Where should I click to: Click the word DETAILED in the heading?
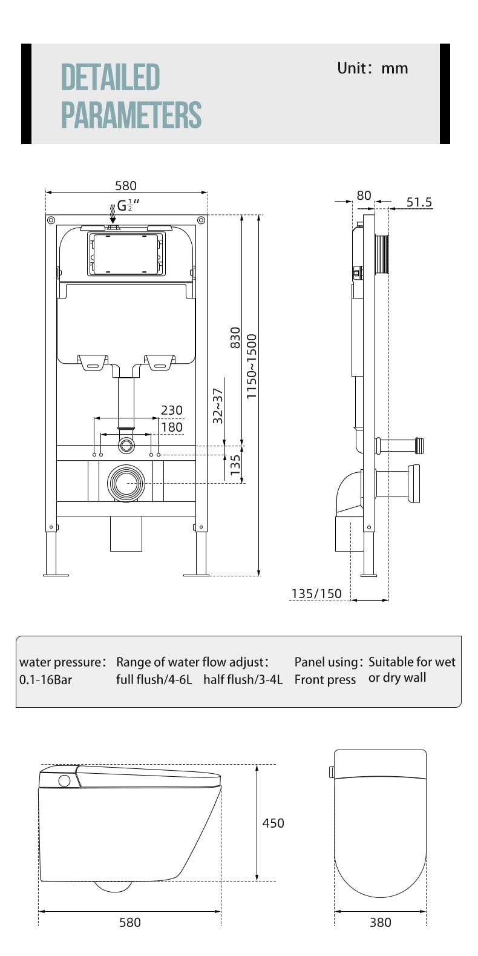click(111, 77)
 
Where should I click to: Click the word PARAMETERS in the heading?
click(131, 114)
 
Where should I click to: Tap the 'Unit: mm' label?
click(373, 68)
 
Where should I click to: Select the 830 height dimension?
click(235, 337)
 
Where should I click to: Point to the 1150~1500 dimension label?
click(252, 366)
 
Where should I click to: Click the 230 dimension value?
click(171, 410)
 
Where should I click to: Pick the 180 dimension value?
click(171, 427)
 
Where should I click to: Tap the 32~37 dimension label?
click(218, 405)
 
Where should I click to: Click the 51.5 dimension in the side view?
click(419, 202)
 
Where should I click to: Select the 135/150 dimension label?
click(316, 593)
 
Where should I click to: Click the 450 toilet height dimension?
click(273, 823)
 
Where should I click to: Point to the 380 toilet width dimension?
click(380, 922)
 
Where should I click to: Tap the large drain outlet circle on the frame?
click(126, 483)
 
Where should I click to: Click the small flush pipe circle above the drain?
click(126, 446)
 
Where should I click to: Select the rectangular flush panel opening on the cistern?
click(126, 253)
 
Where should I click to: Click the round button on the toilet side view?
click(64, 780)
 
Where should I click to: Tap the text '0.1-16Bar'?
click(45, 679)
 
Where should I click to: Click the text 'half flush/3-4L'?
click(243, 679)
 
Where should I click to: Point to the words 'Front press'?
click(325, 680)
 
